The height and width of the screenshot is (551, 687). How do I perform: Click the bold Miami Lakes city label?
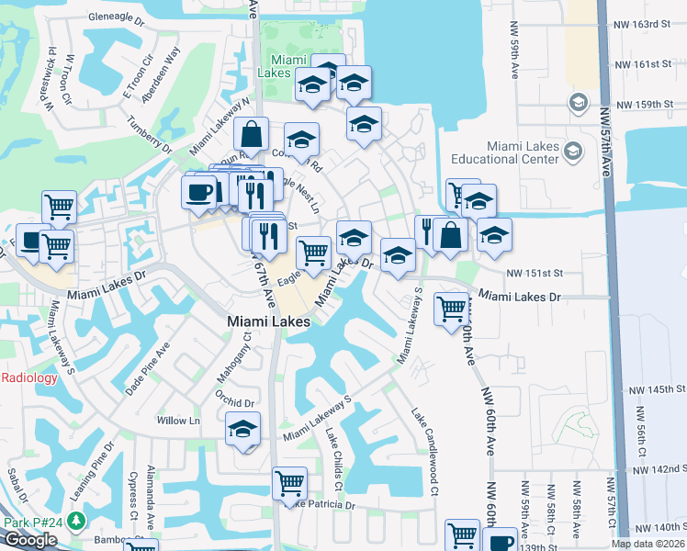click(268, 322)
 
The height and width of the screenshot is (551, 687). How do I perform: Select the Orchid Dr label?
click(234, 402)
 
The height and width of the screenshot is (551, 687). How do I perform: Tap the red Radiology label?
click(29, 377)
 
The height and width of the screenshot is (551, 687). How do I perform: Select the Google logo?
click(30, 540)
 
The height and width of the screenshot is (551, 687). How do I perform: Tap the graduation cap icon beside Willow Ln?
click(243, 430)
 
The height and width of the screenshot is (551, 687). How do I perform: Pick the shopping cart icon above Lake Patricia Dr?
click(290, 481)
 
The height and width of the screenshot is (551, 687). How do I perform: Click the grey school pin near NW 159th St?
click(578, 101)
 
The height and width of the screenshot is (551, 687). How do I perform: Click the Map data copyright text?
click(647, 544)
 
